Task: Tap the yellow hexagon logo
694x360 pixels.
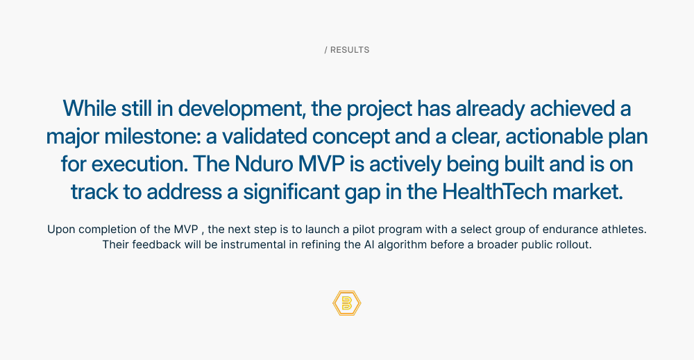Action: (x=347, y=303)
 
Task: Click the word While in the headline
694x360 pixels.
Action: (x=90, y=108)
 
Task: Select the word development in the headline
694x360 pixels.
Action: (x=242, y=109)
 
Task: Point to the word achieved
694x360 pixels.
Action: (x=571, y=108)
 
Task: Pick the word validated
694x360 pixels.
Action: (x=264, y=136)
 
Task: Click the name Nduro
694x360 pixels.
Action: (x=264, y=164)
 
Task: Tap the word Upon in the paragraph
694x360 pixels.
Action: (x=61, y=230)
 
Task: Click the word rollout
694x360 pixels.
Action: (x=574, y=245)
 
